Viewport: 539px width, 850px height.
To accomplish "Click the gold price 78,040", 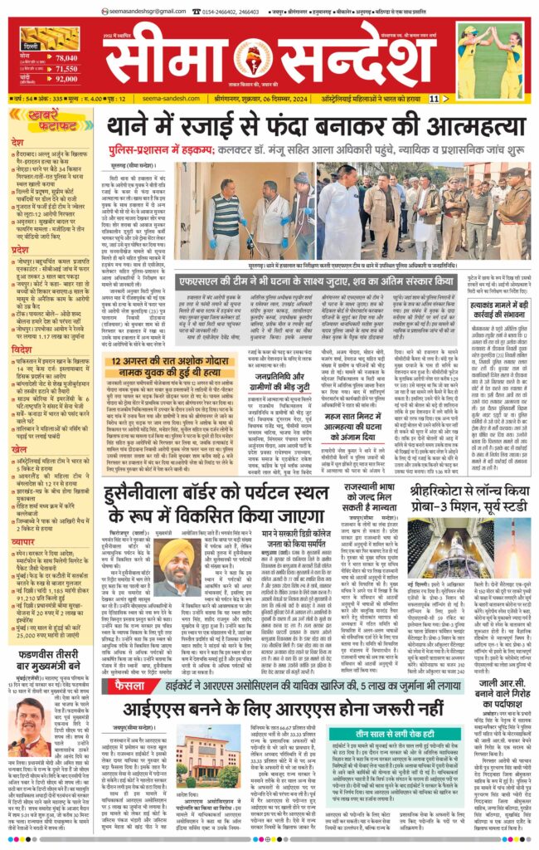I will coord(67,58).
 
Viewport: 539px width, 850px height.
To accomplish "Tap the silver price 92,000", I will coord(67,80).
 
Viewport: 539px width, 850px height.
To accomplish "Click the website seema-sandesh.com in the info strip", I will coord(166,99).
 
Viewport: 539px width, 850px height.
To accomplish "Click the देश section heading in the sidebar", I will coord(17,142).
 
